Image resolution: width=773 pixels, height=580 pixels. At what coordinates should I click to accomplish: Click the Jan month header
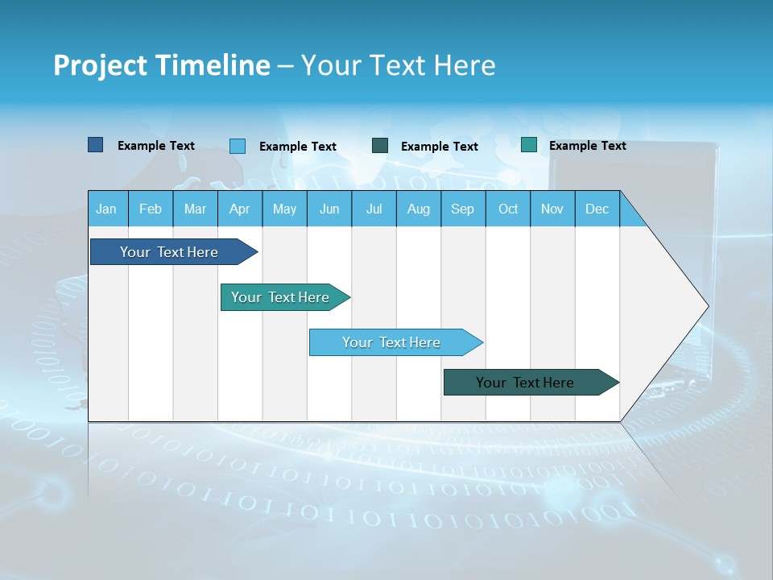107,209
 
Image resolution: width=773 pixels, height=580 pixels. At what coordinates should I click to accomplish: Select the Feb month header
151,209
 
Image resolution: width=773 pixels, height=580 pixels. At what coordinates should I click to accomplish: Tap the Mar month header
195,209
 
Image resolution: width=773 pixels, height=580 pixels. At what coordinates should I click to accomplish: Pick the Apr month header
239,209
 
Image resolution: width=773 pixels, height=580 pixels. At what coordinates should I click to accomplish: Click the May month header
284,209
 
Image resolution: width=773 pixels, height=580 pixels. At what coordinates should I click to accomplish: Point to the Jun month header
329,209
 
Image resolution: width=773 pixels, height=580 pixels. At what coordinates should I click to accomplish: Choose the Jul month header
374,209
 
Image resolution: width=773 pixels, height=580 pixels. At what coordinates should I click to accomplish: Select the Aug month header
419,209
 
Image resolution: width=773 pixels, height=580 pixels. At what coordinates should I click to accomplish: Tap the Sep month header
463,209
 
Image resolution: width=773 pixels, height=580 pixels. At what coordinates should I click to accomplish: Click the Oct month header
508,209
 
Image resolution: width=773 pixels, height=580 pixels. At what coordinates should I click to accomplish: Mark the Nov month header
552,209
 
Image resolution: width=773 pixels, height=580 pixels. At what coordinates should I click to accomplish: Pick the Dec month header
597,209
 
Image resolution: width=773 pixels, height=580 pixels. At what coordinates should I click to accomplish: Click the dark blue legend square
95,145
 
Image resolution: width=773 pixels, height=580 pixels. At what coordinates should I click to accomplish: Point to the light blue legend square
237,146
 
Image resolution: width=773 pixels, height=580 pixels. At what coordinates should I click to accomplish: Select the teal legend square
528,145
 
